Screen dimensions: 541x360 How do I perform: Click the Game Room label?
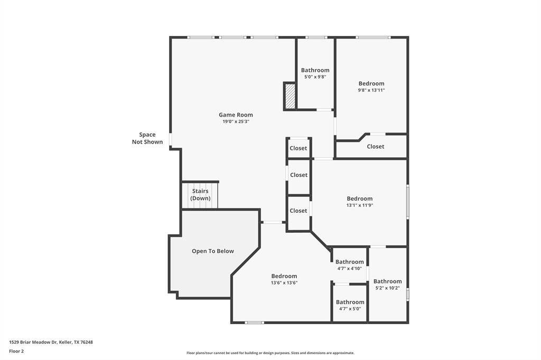236,115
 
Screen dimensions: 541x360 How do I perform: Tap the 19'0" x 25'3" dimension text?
236,121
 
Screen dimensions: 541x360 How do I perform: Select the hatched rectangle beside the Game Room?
290,96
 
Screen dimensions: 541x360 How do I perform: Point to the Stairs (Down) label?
200,194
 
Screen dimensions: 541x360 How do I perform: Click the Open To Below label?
213,251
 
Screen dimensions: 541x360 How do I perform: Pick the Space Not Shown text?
147,138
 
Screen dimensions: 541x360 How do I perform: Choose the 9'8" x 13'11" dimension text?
371,90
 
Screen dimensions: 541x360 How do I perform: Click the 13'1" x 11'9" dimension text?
360,205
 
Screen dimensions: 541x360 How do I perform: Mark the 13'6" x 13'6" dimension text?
284,283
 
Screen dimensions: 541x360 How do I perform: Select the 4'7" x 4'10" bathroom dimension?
350,268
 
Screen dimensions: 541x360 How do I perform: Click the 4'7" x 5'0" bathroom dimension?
350,309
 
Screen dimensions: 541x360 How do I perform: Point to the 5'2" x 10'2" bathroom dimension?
387,288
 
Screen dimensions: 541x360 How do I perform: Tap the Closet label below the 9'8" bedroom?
376,147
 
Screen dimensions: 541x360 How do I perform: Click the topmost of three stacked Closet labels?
298,148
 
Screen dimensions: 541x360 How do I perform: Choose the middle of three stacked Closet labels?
299,175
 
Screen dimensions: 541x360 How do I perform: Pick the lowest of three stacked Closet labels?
298,211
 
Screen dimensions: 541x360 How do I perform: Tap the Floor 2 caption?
16,352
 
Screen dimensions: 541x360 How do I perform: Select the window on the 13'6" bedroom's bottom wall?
254,323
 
